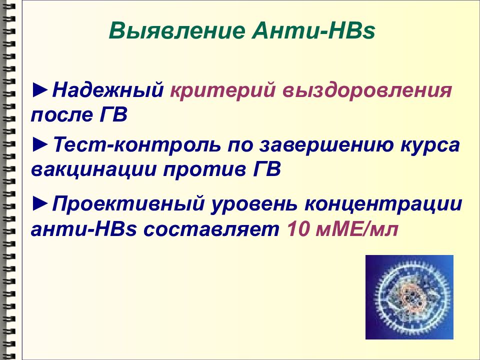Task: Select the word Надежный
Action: [x=109, y=91]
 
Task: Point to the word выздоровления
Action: [x=366, y=91]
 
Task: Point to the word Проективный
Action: [x=127, y=205]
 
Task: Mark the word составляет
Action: [x=215, y=228]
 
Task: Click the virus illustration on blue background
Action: [x=409, y=297]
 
